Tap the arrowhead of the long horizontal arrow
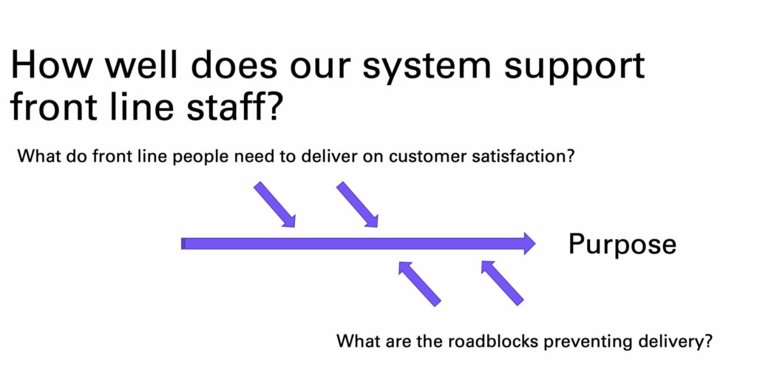[529, 244]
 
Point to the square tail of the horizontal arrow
[183, 244]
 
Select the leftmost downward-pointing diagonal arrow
[274, 204]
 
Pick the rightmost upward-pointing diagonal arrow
[502, 283]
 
